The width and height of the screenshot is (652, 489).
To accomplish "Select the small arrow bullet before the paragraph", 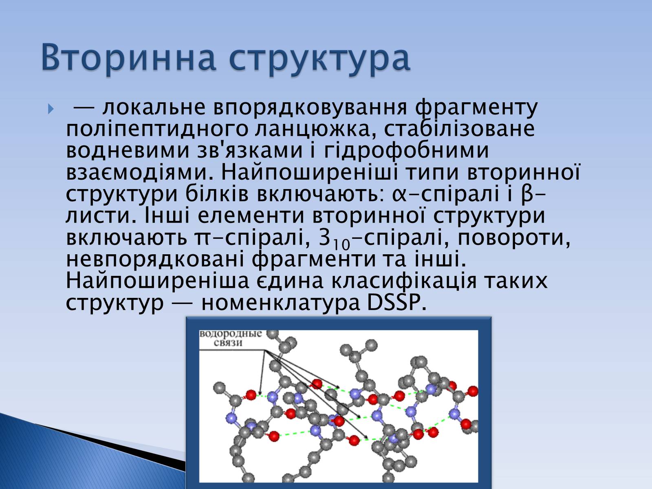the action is tap(51, 109).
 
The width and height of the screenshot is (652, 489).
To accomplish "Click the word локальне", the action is tap(154, 107).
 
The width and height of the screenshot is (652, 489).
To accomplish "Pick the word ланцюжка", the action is tap(316, 130).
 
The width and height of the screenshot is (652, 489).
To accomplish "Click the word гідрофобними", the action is tap(406, 151).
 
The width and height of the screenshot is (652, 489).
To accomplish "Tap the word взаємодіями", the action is tap(140, 173).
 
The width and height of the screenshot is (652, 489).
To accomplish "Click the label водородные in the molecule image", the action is tap(231, 334).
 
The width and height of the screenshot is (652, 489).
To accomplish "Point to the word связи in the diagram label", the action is tap(228, 343).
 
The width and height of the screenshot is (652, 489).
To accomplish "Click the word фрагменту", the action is tap(476, 108).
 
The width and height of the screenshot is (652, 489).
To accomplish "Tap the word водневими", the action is tap(128, 150).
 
